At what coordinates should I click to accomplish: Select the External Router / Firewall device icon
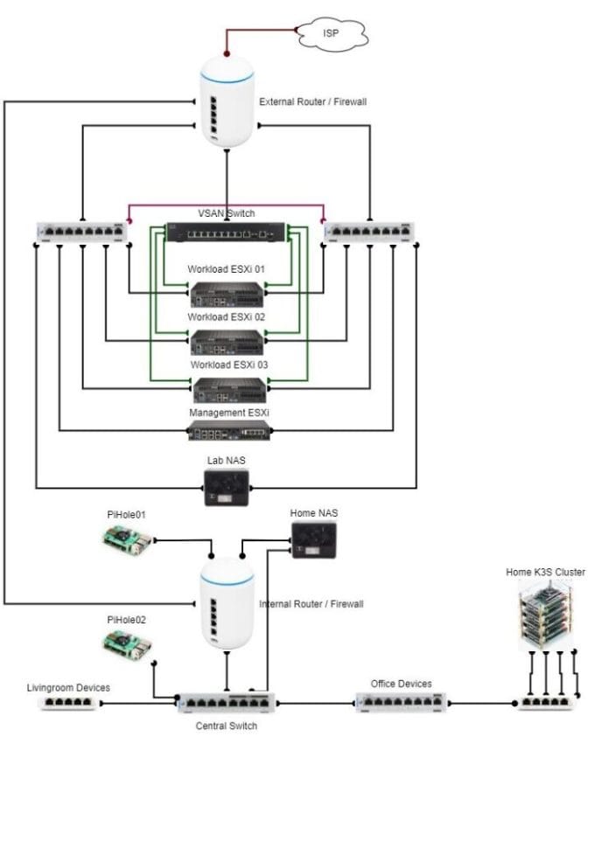click(227, 101)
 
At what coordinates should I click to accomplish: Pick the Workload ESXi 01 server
click(227, 295)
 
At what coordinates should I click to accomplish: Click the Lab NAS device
click(227, 488)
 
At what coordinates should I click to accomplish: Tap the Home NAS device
click(314, 539)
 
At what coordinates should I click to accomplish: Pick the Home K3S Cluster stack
click(546, 617)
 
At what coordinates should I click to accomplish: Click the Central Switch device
click(227, 702)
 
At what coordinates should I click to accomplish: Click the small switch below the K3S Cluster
click(546, 702)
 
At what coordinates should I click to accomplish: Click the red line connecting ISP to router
click(262, 31)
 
